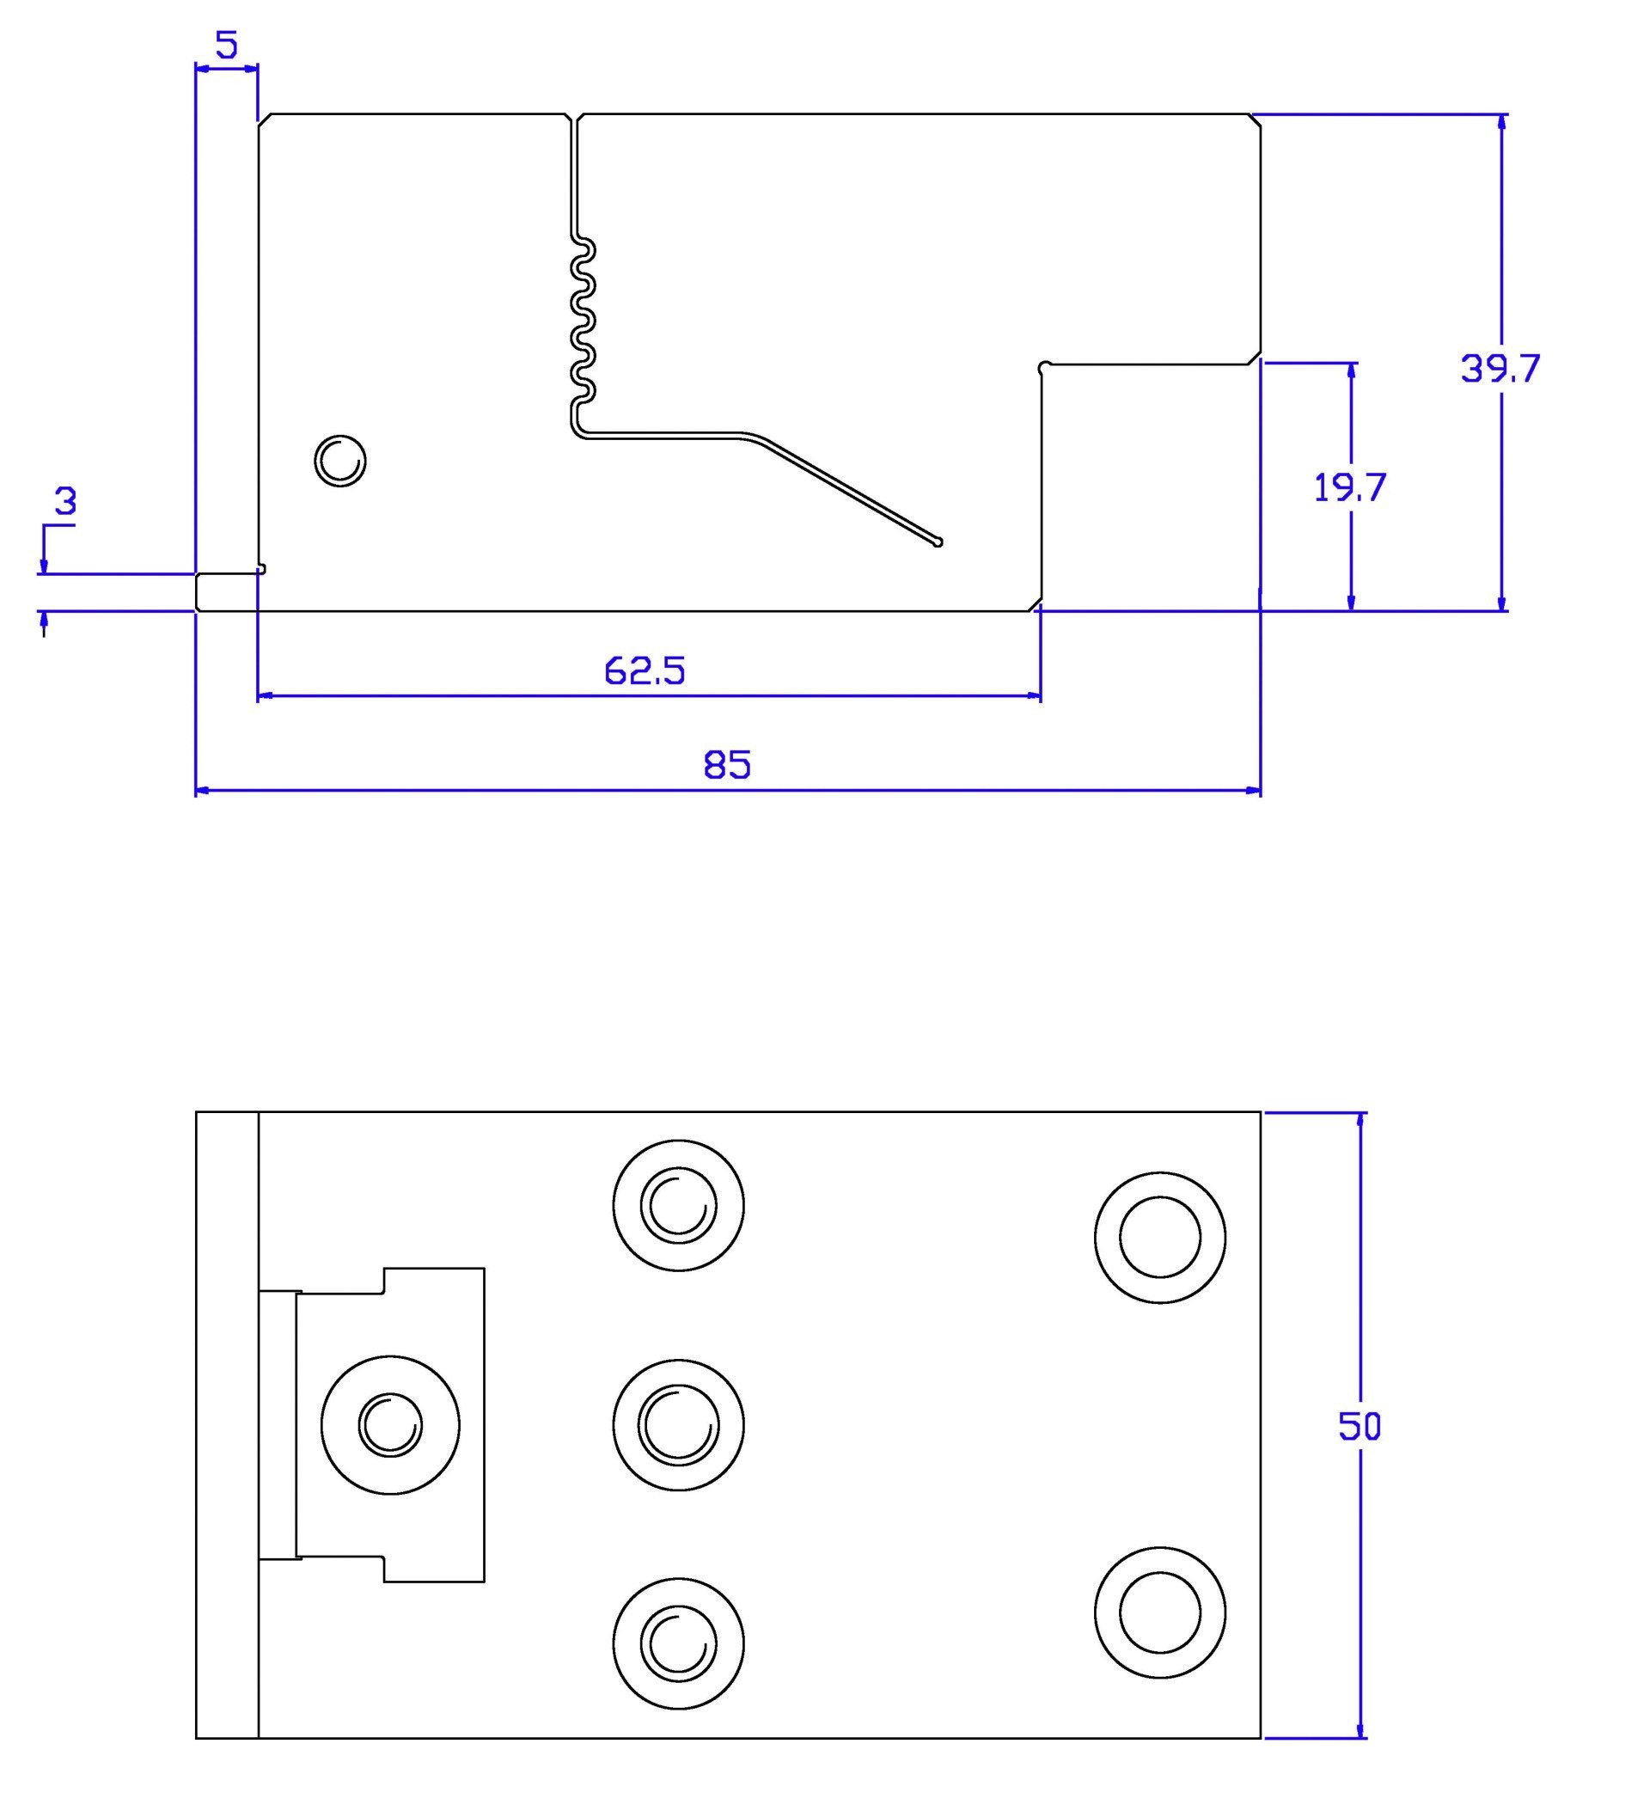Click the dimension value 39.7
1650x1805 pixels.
tap(1500, 368)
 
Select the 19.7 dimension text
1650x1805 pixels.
tap(1350, 488)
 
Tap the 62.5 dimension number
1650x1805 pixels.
tap(645, 670)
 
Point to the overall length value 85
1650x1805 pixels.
tap(727, 766)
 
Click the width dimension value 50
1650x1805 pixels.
tap(1360, 1426)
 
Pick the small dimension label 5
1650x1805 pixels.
tap(228, 45)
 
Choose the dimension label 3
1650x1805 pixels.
tap(65, 502)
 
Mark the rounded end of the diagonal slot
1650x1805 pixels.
tap(938, 541)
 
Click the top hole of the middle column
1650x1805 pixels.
tap(679, 1205)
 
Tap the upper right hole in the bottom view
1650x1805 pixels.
tap(1160, 1237)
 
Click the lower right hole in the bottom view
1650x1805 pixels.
tap(1160, 1612)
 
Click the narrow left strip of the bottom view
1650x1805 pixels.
tap(227, 1425)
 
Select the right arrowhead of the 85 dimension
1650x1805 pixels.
tap(1252, 791)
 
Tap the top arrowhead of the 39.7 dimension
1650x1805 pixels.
tap(1501, 123)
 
